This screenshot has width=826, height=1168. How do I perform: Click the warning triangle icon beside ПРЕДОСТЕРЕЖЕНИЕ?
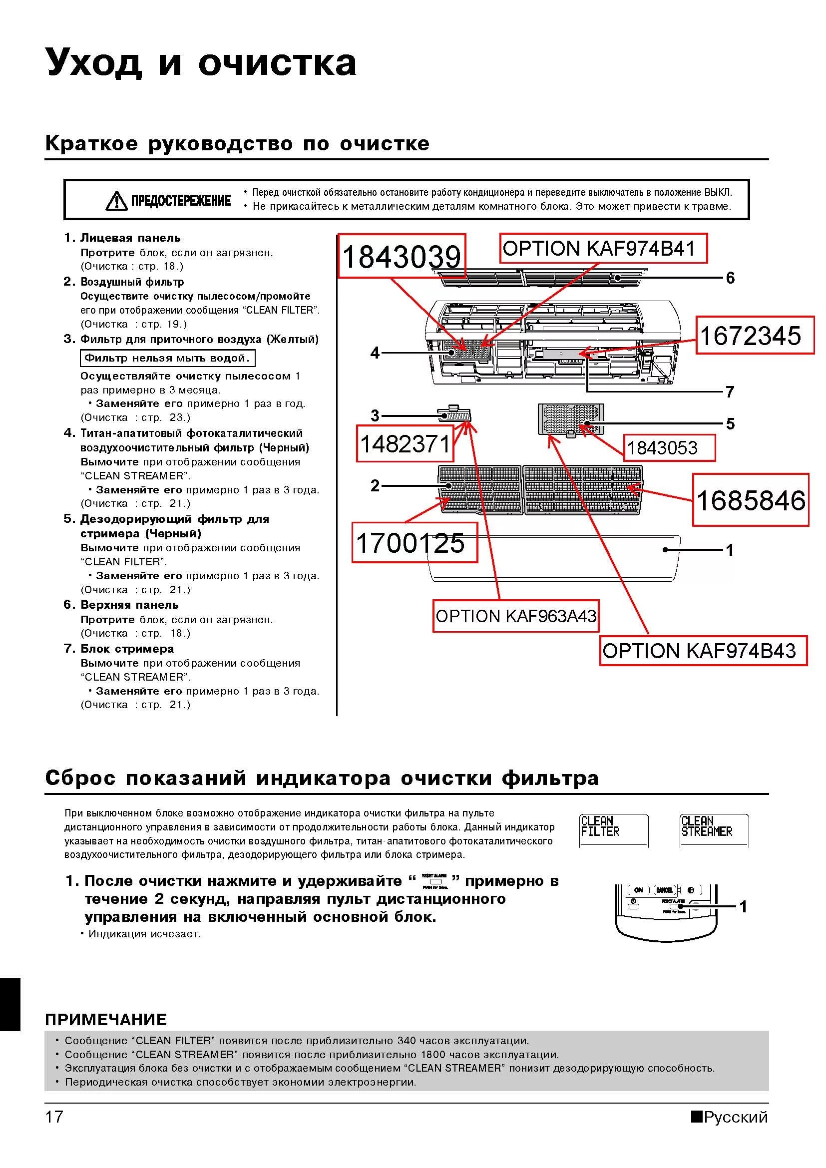pyautogui.click(x=116, y=200)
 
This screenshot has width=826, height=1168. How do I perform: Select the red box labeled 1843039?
pyautogui.click(x=402, y=256)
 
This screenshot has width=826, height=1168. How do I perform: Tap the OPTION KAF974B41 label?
pyautogui.click(x=603, y=248)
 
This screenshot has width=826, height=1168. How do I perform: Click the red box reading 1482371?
pyautogui.click(x=405, y=444)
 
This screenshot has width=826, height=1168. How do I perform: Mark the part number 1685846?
pyautogui.click(x=750, y=500)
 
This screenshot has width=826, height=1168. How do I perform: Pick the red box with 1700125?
pyautogui.click(x=414, y=543)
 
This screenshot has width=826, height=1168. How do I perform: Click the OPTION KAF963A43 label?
pyautogui.click(x=516, y=616)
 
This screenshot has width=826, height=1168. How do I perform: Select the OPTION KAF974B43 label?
pyautogui.click(x=703, y=651)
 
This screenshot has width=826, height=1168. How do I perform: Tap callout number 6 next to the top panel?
pyautogui.click(x=731, y=278)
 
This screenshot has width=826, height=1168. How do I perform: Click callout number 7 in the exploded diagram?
pyautogui.click(x=731, y=391)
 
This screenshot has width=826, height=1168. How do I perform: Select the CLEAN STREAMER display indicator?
pyautogui.click(x=714, y=830)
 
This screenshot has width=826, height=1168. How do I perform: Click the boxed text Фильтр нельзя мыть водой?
pyautogui.click(x=167, y=358)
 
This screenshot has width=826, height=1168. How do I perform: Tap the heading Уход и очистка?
pyautogui.click(x=201, y=62)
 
